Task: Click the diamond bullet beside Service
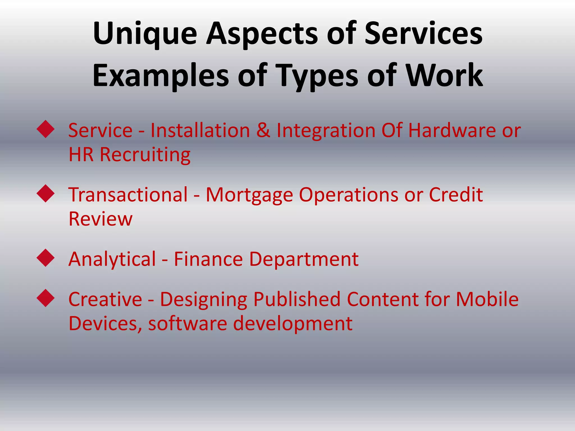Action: click(45, 129)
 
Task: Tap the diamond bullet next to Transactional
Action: click(45, 193)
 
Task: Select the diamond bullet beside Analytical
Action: click(45, 258)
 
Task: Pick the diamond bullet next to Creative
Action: click(45, 298)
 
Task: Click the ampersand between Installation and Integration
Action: click(263, 130)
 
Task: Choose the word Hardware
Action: click(452, 130)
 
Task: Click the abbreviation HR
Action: click(81, 155)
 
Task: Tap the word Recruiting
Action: click(145, 155)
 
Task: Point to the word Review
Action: click(100, 219)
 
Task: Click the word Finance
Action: click(208, 259)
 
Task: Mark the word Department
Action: click(304, 259)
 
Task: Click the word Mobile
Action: click(487, 299)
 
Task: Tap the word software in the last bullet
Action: click(187, 324)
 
